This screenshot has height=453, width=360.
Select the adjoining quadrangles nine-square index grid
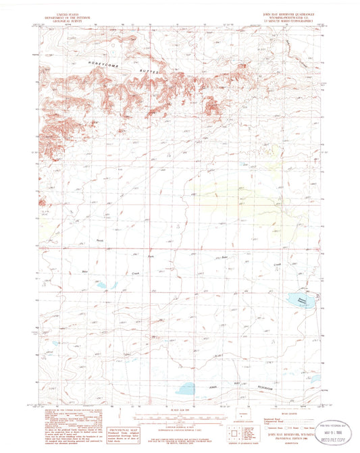click(x=236, y=441)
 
